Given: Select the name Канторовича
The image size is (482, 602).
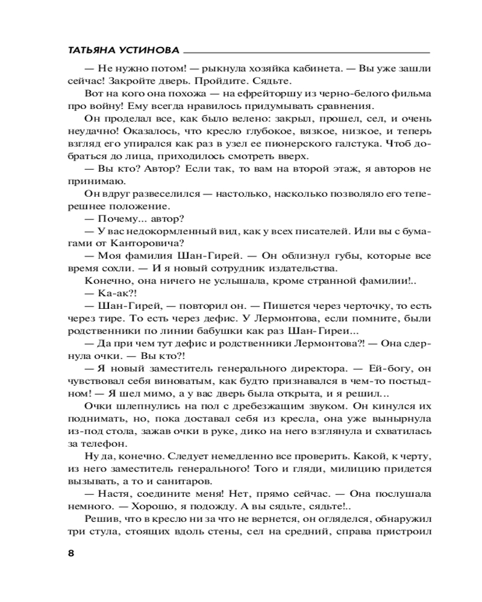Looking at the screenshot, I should (x=149, y=243).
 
